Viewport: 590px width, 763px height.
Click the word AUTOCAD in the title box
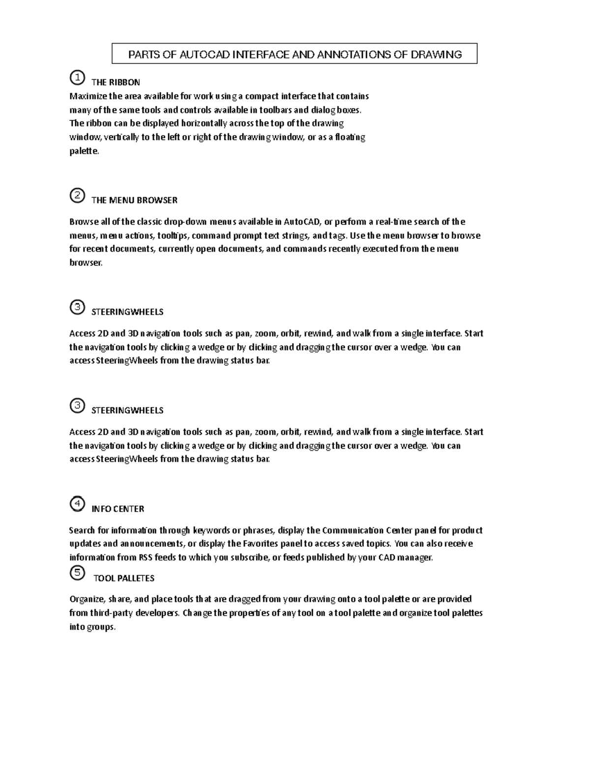204,55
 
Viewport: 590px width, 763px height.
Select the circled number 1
77,78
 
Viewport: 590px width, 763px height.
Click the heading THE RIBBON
116,82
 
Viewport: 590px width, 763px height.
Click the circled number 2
77,196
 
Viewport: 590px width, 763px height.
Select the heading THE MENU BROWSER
134,200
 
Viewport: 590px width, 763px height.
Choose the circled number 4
77,504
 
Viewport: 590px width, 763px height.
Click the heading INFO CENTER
118,509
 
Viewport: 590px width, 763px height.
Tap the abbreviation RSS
146,557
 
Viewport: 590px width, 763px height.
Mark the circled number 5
77,573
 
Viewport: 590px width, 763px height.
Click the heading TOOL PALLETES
124,578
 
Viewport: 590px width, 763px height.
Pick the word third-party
112,613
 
